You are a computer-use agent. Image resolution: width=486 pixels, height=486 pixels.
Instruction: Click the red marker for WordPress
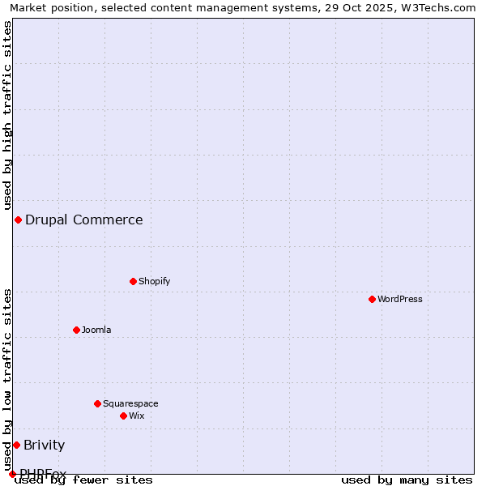[372, 299]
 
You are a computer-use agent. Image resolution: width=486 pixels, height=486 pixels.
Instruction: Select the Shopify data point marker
[133, 281]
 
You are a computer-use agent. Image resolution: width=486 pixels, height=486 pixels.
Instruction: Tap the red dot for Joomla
[76, 330]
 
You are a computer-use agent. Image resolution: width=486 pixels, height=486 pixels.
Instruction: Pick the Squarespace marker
[97, 403]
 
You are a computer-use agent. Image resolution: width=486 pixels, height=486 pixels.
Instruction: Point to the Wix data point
[123, 416]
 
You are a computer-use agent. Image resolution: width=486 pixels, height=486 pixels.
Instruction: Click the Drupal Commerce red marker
[18, 220]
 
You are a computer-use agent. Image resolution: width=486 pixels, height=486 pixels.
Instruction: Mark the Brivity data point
[16, 445]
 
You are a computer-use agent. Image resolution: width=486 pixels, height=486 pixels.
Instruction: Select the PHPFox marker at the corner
[12, 474]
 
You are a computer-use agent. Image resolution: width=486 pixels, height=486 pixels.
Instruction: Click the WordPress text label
[400, 299]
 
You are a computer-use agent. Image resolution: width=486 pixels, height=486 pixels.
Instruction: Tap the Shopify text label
[154, 281]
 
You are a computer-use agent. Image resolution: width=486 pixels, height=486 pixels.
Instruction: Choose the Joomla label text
[96, 330]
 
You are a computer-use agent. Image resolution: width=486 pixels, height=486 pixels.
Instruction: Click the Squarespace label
[130, 403]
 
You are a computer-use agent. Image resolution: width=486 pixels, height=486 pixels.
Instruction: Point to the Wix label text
[136, 416]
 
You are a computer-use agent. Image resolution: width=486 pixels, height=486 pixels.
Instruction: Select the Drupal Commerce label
[83, 220]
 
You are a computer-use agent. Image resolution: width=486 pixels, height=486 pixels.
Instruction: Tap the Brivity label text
[44, 445]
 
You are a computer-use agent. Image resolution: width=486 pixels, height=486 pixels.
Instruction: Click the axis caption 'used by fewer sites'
[83, 480]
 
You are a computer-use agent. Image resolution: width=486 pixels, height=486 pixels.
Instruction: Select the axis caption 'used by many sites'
[407, 480]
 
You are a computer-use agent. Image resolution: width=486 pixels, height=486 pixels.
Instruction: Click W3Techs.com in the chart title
[436, 7]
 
